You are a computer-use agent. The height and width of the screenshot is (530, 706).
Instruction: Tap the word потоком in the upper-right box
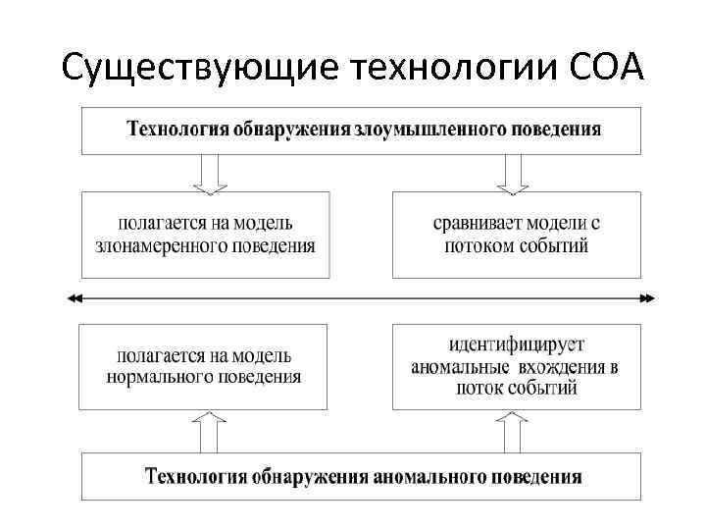(479, 245)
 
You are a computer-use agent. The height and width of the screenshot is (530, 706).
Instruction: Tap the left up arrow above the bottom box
(209, 431)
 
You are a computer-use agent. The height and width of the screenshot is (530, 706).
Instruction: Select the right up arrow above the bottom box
(513, 431)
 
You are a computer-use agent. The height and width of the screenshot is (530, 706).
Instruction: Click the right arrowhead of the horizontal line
(648, 297)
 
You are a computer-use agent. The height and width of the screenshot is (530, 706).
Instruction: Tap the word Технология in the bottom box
(195, 478)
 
